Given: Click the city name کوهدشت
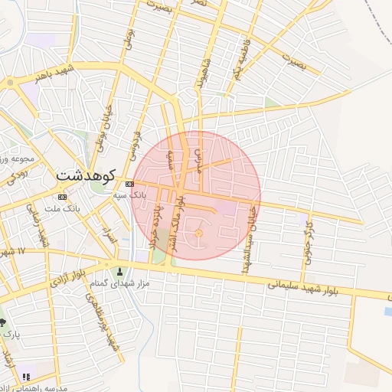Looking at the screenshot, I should tap(85, 175).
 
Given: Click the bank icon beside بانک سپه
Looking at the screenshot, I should tap(129, 184).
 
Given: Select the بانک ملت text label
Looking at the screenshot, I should tap(62, 208).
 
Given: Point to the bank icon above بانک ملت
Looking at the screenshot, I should tap(62, 197).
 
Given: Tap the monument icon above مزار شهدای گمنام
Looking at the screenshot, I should tap(119, 271).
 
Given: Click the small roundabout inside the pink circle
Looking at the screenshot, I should tap(198, 233).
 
